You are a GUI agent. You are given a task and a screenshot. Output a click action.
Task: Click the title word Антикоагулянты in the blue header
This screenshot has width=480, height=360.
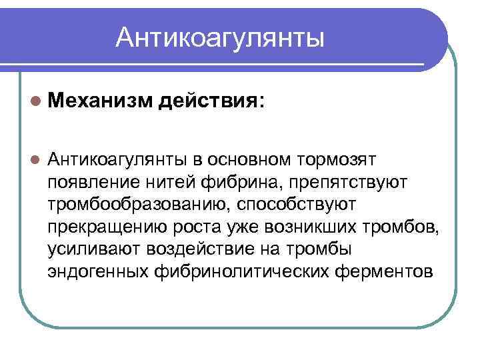tap(220, 38)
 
